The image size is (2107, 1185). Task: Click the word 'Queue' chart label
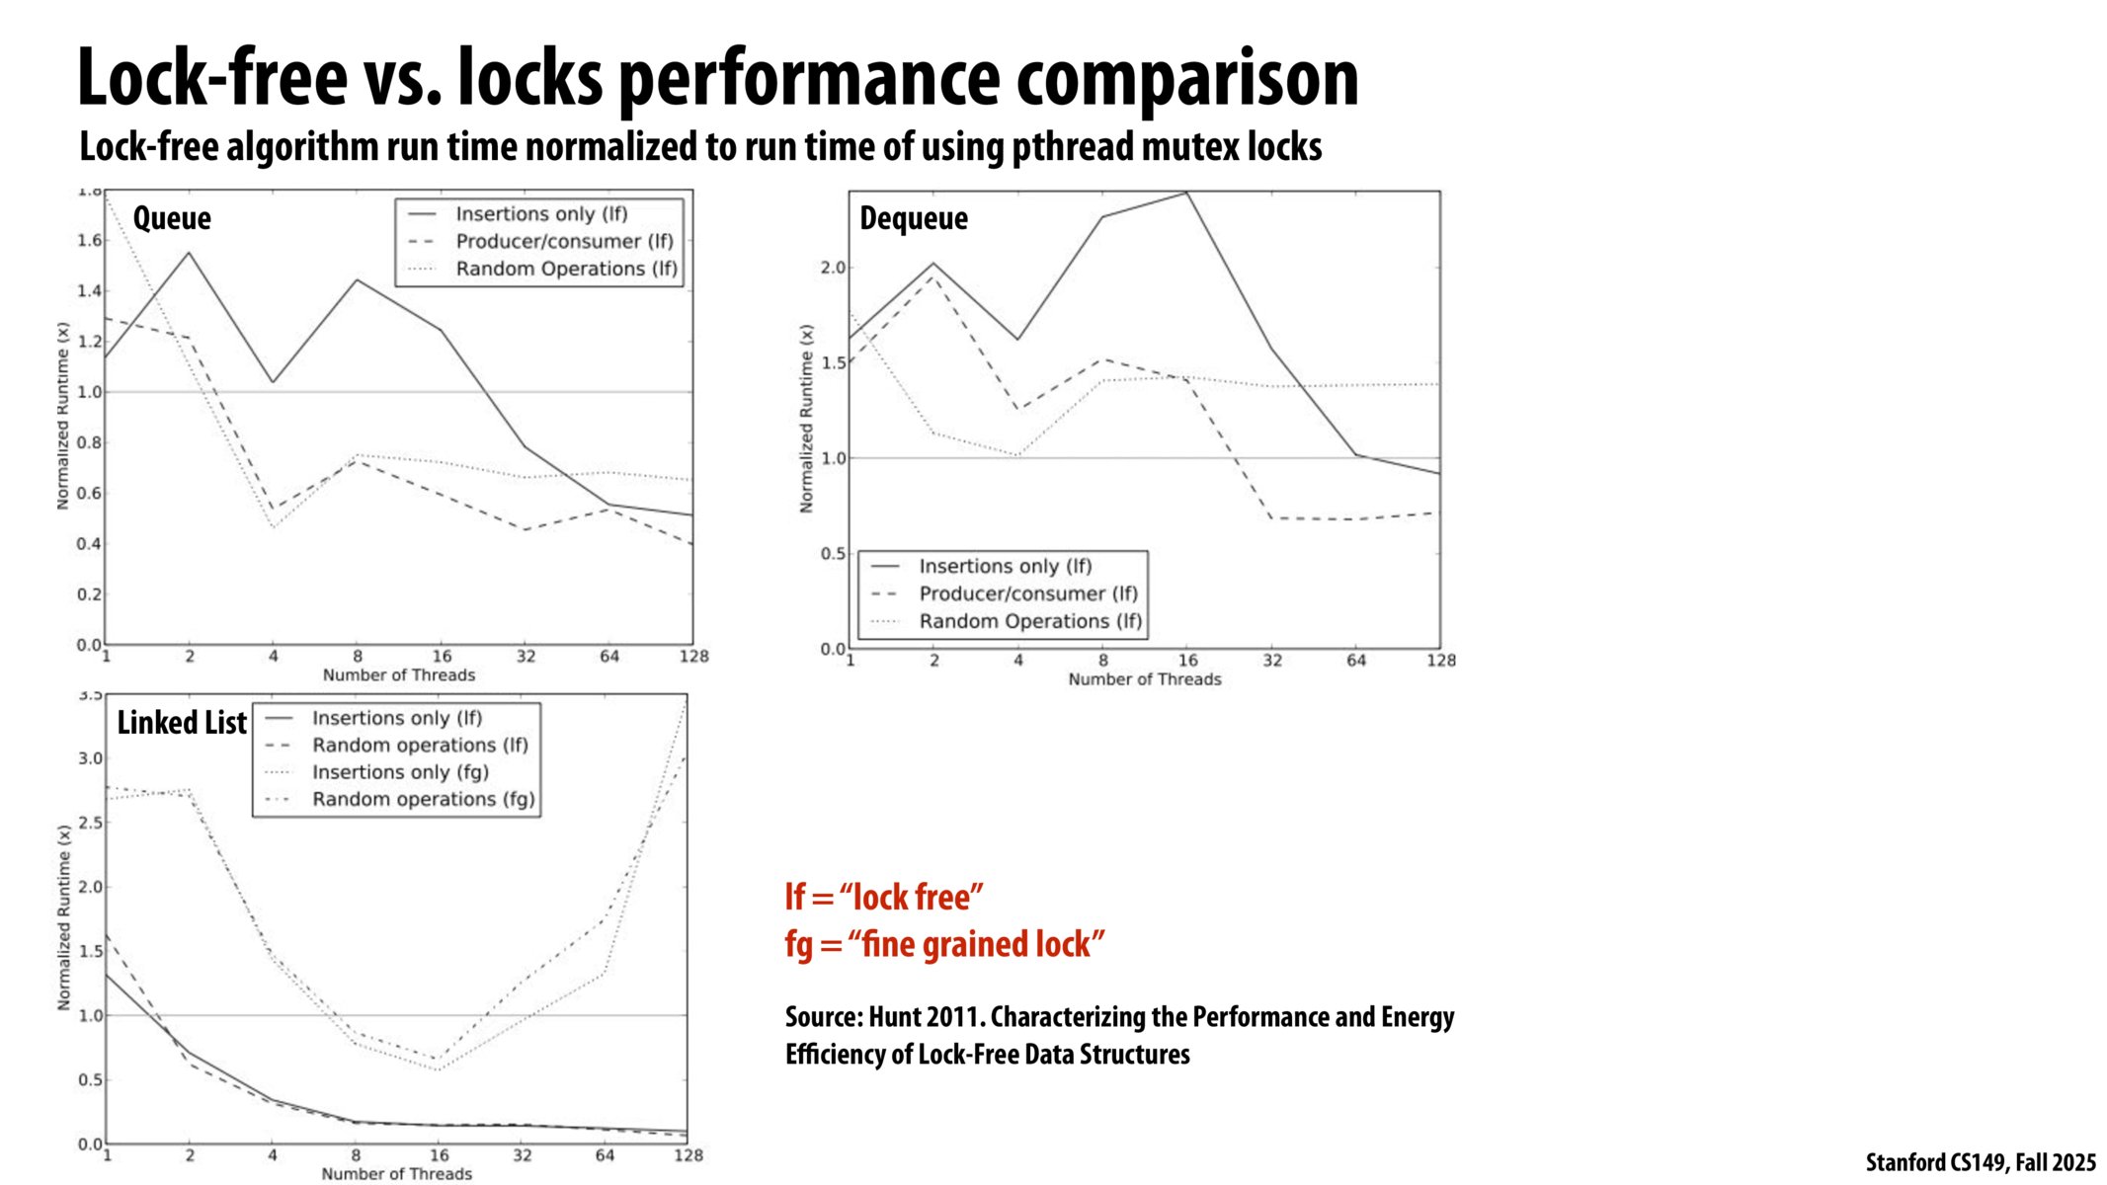click(x=172, y=218)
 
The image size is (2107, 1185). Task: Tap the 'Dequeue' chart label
click(x=914, y=218)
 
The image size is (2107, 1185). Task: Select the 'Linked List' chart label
click(x=182, y=723)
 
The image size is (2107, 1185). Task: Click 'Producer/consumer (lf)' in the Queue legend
click(x=564, y=242)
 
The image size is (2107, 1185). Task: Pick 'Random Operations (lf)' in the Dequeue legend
click(x=1030, y=622)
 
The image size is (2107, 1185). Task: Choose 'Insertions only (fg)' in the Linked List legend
click(x=400, y=772)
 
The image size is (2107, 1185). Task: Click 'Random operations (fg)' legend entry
click(x=424, y=800)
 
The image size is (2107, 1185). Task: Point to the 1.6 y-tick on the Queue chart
click(x=89, y=241)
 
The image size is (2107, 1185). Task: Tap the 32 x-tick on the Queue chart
click(x=526, y=657)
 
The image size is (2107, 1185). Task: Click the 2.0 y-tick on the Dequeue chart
click(x=833, y=268)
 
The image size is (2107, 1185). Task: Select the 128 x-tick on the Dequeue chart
click(x=1441, y=661)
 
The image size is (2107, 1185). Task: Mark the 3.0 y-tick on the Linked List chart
click(x=90, y=759)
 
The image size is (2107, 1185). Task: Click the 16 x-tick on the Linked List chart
click(x=439, y=1155)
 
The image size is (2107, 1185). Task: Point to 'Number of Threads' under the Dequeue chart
click(x=1144, y=679)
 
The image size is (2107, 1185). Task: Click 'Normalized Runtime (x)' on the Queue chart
click(x=63, y=416)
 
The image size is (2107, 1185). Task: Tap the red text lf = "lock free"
click(x=884, y=897)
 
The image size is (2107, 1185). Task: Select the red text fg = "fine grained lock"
click(x=944, y=944)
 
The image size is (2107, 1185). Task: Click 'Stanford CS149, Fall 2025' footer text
click(x=1980, y=1162)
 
